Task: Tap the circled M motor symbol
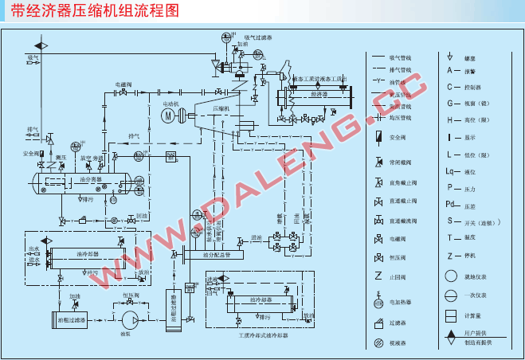tap(167, 115)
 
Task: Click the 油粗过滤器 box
tap(68, 319)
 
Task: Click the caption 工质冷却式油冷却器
tap(263, 335)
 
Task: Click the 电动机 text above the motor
tap(170, 103)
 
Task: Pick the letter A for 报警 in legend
tap(450, 72)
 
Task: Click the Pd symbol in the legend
tap(451, 203)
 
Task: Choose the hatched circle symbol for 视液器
tap(378, 343)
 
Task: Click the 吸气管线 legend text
tap(401, 57)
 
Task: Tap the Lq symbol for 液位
tap(451, 171)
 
